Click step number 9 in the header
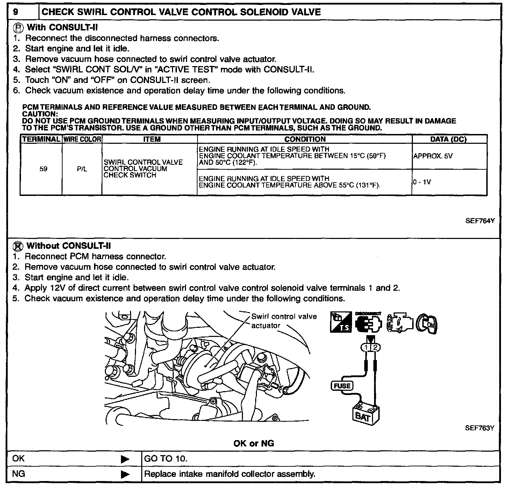coord(16,12)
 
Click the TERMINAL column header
coord(41,139)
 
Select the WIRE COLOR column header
coord(82,139)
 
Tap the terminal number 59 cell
coord(43,169)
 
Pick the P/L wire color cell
coord(82,169)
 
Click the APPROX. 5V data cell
coord(433,156)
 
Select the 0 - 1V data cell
coord(422,182)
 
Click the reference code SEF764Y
coord(480,221)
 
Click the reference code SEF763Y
coord(480,428)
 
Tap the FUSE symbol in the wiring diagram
coord(342,386)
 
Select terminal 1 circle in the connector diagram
coord(366,348)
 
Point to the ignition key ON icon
coord(427,323)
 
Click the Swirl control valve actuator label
coord(284,321)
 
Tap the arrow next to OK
coord(125,459)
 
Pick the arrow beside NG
coord(125,475)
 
